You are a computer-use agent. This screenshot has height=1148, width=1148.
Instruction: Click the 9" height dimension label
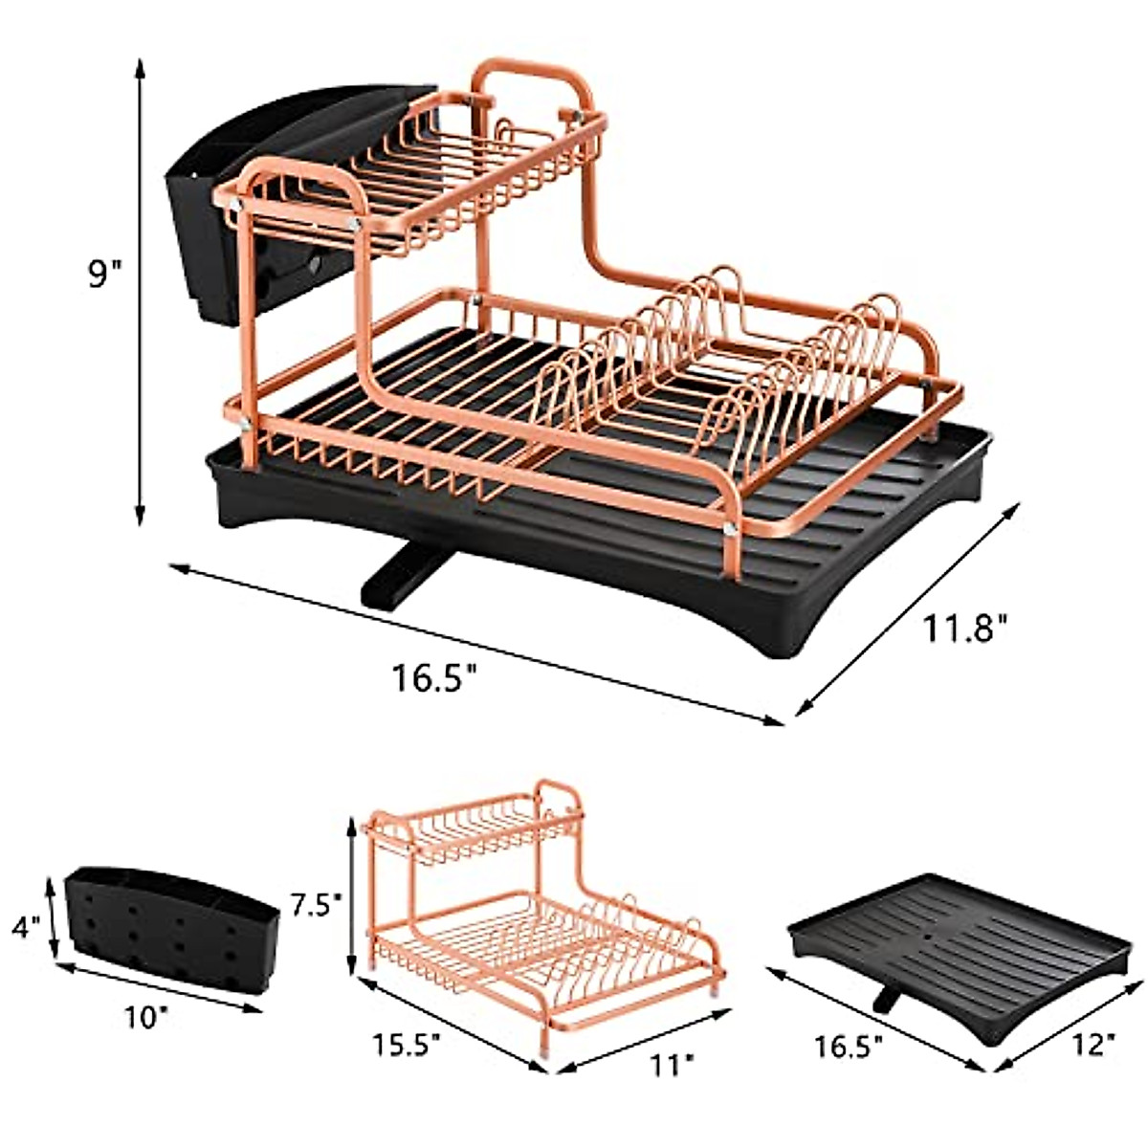104,276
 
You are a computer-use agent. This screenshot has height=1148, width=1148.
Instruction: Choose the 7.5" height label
317,903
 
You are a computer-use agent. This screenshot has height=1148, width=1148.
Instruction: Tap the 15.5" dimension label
400,1040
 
